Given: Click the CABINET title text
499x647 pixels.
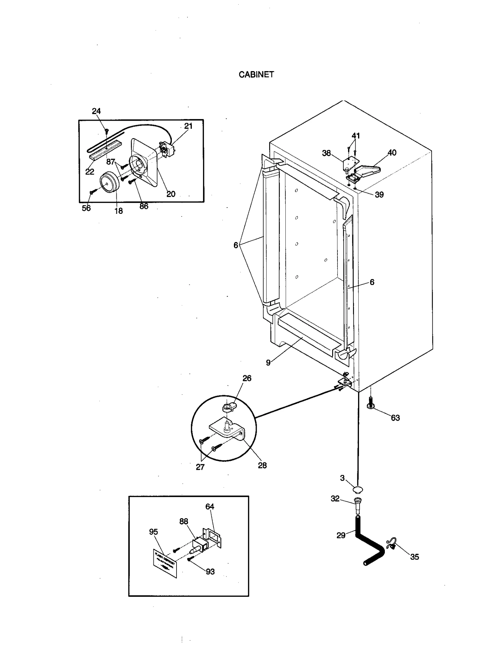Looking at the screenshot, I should (x=256, y=75).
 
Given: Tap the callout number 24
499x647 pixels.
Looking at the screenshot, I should (x=96, y=111).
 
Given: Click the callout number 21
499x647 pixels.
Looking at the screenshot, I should (x=188, y=126).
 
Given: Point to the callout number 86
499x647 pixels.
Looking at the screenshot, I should (x=144, y=206).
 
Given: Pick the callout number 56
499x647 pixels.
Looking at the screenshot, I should (x=86, y=208).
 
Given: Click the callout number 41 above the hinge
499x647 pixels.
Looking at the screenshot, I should (x=356, y=136).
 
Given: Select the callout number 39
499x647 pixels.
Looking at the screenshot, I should (x=379, y=195).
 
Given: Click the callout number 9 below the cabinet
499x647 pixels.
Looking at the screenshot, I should (x=268, y=363).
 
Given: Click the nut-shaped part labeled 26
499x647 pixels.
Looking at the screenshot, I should (x=229, y=407).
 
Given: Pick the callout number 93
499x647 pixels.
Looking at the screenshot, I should (x=210, y=571).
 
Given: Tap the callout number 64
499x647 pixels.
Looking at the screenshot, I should (x=210, y=507).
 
